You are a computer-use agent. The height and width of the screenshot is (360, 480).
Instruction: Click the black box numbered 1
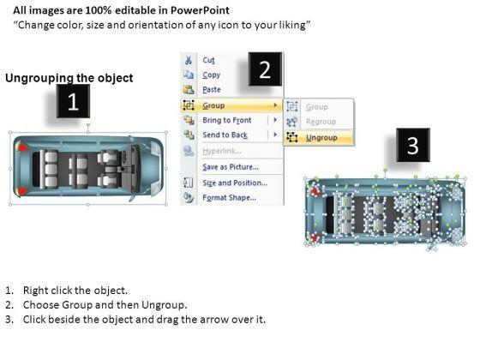(x=73, y=101)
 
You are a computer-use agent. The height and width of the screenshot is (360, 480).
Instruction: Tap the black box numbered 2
(x=265, y=69)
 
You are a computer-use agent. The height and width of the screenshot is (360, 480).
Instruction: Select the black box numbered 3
(x=413, y=145)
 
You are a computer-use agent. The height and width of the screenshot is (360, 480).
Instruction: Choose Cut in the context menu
(x=209, y=60)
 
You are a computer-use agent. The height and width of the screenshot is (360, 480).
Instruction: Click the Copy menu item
(x=211, y=75)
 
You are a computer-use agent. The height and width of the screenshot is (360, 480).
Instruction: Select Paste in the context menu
(x=212, y=90)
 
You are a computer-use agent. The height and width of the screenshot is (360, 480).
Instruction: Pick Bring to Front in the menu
(x=227, y=120)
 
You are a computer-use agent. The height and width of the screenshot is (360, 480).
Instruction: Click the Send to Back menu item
(x=225, y=135)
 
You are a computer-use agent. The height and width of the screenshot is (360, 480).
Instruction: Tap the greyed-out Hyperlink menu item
(x=222, y=151)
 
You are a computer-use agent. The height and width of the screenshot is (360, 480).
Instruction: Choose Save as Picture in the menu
(x=231, y=167)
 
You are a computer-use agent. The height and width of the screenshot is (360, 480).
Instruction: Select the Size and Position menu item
(x=235, y=183)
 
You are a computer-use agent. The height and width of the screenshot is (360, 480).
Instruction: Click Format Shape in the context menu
(x=230, y=197)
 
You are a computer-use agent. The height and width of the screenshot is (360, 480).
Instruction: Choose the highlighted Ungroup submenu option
(x=321, y=138)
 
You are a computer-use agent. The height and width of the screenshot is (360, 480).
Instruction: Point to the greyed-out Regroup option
(x=321, y=122)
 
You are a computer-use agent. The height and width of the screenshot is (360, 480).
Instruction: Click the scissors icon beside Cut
(x=189, y=60)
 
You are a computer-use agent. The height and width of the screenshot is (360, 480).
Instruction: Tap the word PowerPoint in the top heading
(x=200, y=10)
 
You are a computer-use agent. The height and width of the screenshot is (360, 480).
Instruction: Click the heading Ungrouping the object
(x=69, y=78)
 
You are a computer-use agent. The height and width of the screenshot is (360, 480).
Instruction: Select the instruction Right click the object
(x=75, y=291)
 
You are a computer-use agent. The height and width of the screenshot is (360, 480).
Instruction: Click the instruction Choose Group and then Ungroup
(x=105, y=305)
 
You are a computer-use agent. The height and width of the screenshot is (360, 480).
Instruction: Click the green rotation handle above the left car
(x=88, y=125)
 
